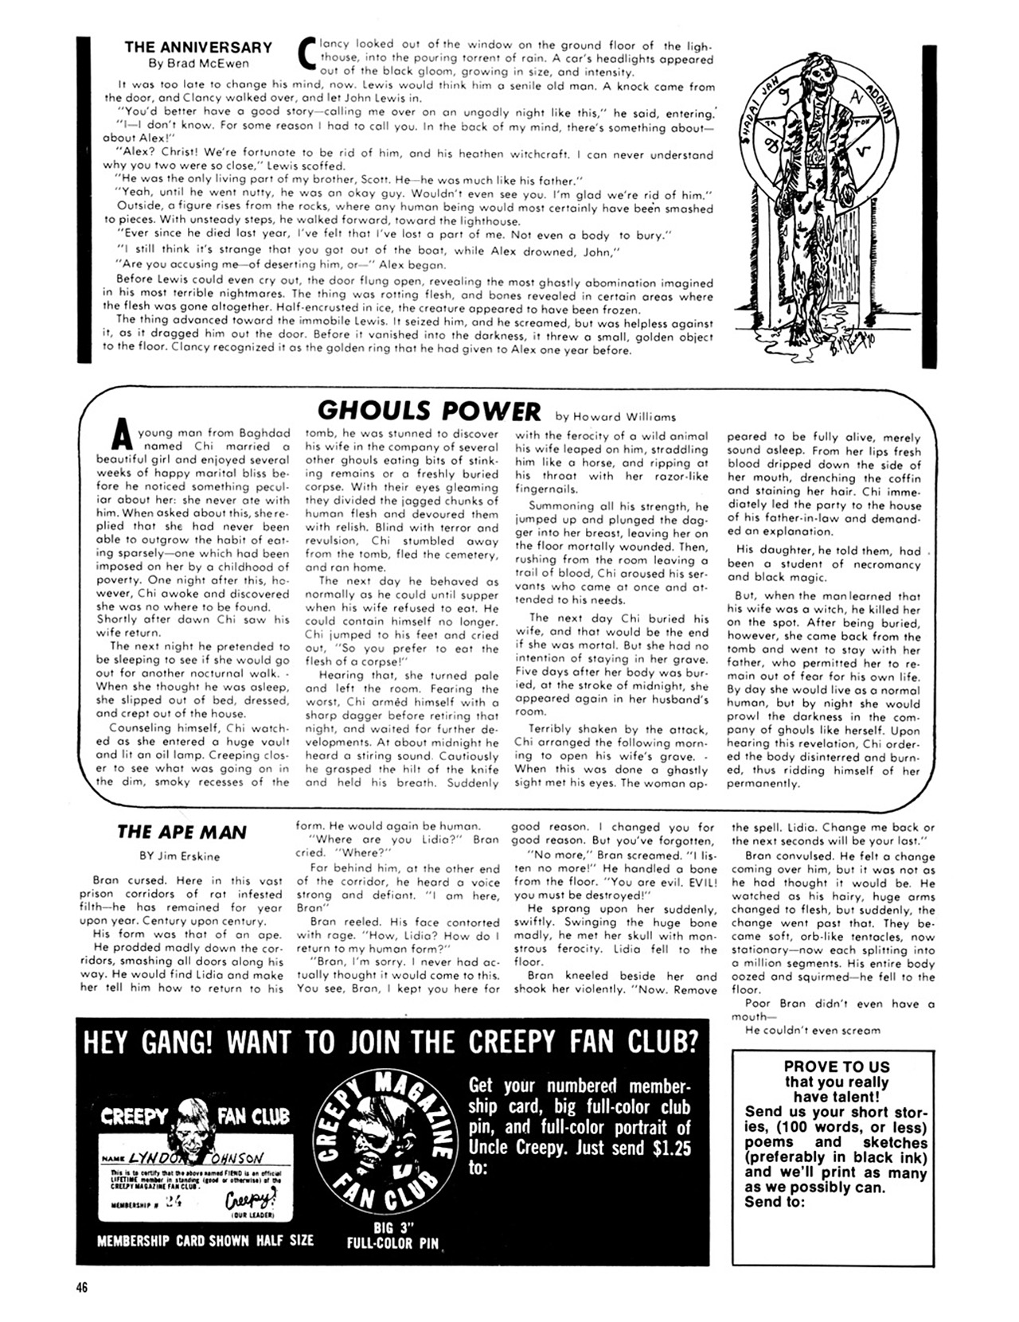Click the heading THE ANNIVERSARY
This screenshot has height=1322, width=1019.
point(198,48)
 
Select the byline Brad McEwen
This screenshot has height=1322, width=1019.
point(198,64)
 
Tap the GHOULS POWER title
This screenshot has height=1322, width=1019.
point(428,411)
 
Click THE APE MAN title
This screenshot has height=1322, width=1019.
point(182,833)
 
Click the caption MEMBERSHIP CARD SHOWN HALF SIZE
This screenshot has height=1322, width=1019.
point(205,1240)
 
